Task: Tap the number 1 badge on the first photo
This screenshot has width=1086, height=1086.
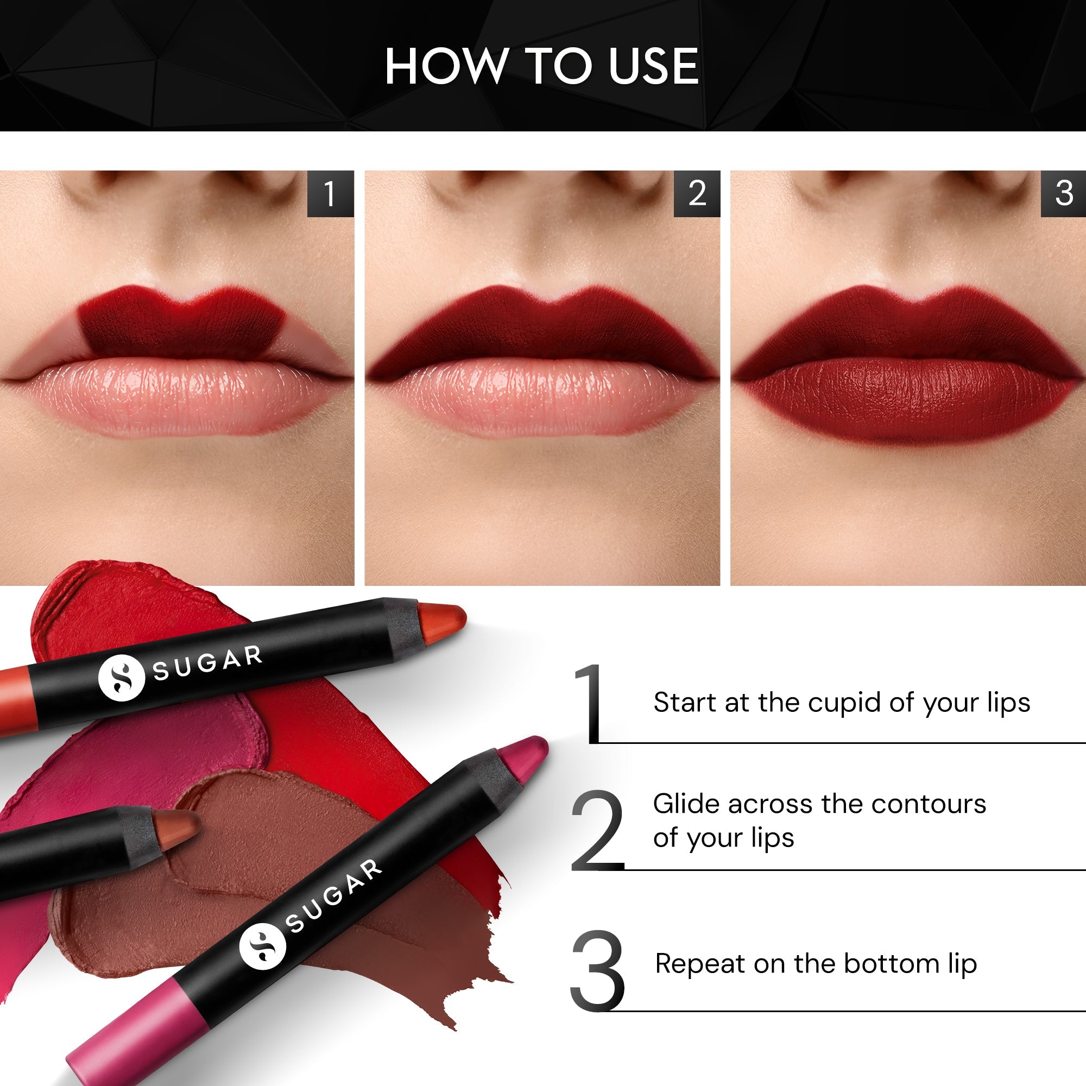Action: click(330, 193)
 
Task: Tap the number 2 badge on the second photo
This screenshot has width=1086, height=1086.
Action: click(697, 193)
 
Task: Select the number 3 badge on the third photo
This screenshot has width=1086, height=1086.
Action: click(1064, 193)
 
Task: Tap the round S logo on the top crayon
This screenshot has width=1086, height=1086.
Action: click(122, 678)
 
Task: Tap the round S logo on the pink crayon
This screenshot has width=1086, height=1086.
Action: click(262, 946)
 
